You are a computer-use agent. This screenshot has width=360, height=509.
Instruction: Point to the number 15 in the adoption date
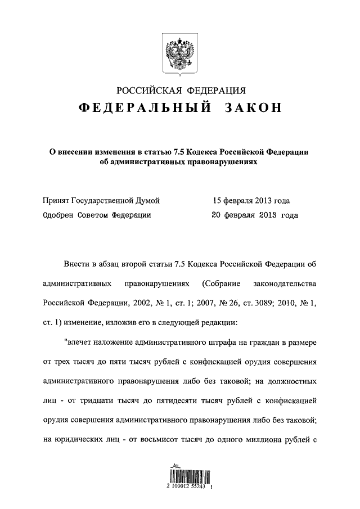coord(217,200)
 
